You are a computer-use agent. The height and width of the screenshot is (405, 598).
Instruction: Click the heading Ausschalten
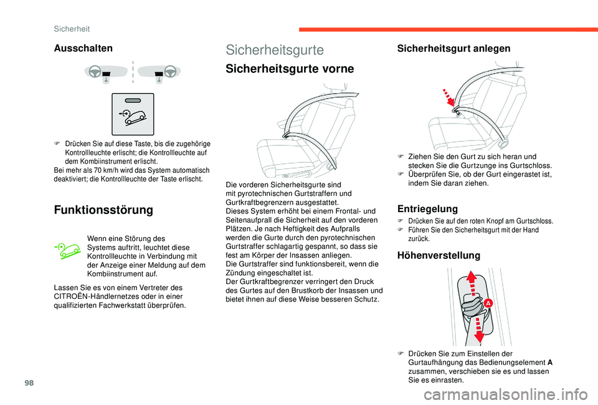(83, 48)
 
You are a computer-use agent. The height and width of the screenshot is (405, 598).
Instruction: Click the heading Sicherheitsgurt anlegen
(445, 48)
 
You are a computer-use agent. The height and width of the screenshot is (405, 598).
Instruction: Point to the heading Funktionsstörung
(103, 210)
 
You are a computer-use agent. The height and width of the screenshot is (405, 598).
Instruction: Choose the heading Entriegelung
(427, 208)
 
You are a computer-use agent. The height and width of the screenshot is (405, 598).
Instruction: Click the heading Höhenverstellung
(438, 255)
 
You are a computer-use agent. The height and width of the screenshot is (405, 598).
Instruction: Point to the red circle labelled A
(488, 303)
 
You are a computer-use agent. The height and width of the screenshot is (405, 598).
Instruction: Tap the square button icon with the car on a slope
(132, 114)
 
